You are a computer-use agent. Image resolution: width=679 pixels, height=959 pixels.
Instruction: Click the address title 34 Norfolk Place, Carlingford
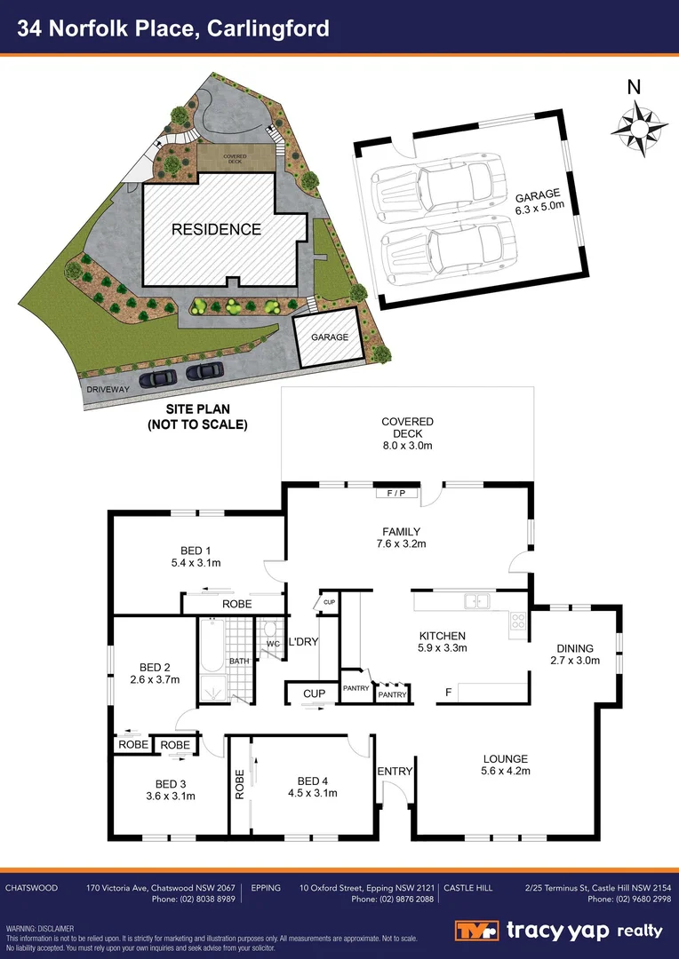point(174,28)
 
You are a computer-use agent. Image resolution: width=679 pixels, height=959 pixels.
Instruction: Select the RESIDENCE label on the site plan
point(216,229)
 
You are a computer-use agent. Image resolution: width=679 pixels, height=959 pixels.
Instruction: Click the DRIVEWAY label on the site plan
point(108,389)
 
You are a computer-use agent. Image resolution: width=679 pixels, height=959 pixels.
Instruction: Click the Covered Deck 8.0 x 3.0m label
point(407,433)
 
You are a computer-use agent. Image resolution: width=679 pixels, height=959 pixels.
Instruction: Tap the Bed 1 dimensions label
point(196,556)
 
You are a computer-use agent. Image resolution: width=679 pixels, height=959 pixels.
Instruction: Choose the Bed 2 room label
point(155,673)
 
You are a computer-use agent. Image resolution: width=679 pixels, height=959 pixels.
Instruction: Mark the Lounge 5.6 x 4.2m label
point(506,765)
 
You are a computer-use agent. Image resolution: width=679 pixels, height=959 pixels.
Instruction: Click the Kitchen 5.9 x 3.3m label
point(443,642)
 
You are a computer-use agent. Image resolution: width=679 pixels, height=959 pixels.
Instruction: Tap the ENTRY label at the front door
point(395,772)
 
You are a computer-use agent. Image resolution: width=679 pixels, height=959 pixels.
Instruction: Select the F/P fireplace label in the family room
point(395,494)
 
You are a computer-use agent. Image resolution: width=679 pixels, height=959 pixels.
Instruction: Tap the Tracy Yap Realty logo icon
point(476,931)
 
